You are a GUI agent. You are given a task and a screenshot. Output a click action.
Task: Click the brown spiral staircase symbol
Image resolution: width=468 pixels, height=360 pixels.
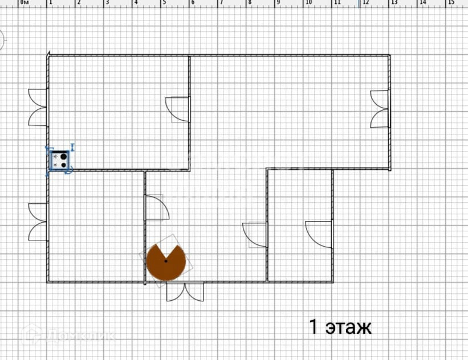point(165,261)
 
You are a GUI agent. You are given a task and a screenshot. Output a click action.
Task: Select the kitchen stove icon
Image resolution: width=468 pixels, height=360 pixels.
point(59,159)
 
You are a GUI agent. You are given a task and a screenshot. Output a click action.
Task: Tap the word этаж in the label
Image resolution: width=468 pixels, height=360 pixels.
point(348,327)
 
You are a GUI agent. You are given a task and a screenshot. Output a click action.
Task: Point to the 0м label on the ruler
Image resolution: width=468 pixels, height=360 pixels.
point(25,3)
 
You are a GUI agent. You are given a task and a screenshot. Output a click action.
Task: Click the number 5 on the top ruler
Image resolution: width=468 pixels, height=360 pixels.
point(164,3)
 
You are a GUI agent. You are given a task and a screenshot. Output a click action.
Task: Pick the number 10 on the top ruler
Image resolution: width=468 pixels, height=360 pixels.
point(308,3)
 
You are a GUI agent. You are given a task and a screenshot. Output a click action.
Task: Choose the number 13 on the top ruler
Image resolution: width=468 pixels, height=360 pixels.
point(394,3)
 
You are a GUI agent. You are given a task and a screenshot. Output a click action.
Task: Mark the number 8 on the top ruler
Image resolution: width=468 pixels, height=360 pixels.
point(249,3)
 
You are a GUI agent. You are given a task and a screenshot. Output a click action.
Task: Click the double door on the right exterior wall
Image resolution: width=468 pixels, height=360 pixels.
point(380,109)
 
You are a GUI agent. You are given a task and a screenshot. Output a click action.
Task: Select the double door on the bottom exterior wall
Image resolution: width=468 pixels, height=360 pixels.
point(185,291)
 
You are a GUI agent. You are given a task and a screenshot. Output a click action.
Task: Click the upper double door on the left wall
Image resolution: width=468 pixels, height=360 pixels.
point(38,107)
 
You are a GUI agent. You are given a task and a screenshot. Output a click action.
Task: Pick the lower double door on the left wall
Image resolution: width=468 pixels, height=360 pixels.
point(38,222)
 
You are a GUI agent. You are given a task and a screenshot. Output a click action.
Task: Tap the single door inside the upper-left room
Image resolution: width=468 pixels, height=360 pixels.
point(178,109)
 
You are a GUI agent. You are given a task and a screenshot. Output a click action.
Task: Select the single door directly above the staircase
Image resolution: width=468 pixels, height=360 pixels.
point(157,208)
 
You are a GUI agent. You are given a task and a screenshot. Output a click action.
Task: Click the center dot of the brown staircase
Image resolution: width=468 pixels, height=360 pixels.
point(165,261)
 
